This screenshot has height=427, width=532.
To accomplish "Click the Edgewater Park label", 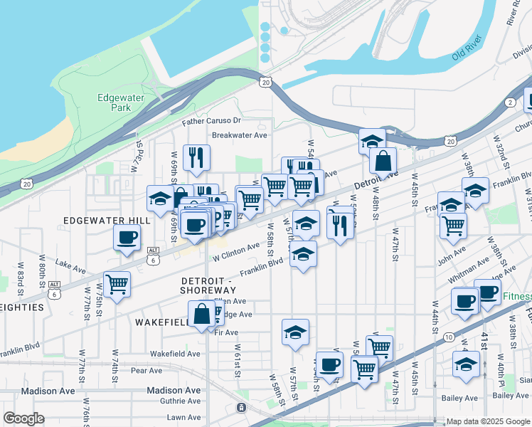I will click(x=115, y=102).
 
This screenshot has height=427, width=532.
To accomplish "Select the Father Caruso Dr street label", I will click(x=211, y=122).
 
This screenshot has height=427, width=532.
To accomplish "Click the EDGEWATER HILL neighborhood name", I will click(x=107, y=221).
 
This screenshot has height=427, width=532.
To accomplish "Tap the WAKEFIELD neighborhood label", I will click(x=161, y=322).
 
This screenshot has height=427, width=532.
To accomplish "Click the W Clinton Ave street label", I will click(x=235, y=249).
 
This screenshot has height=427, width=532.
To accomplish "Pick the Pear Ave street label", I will click(x=147, y=370).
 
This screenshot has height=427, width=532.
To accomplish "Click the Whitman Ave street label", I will click(x=469, y=268).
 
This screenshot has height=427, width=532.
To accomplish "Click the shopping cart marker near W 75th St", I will click(x=117, y=284).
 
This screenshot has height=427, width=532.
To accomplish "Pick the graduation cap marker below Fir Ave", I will click(x=295, y=332).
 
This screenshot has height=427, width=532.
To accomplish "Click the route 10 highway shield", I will click(x=447, y=337).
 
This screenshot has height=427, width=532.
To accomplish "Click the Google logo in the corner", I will click(x=23, y=419).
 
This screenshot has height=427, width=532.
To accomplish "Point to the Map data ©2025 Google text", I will click(x=487, y=421).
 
